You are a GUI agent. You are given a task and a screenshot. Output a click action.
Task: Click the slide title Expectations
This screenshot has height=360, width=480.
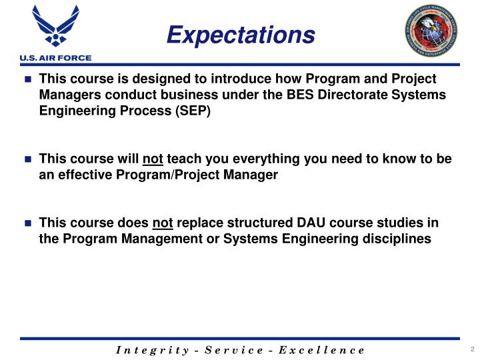240,35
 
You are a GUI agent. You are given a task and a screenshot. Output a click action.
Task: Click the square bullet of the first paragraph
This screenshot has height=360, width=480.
28,79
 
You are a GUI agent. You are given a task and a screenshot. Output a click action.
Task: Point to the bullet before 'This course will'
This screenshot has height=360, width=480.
28,160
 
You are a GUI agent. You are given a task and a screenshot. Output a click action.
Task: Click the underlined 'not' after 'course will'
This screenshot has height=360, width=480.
153,159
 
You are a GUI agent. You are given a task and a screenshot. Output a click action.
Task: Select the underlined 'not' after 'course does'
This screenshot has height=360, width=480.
163,223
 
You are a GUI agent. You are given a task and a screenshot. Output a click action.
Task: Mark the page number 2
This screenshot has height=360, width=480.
471,349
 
